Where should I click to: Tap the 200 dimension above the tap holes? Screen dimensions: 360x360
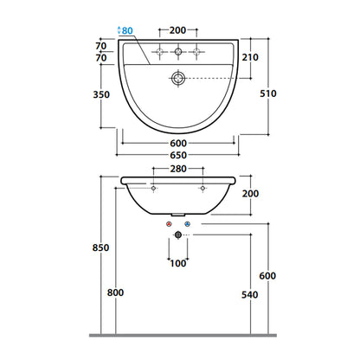[x=177, y=30]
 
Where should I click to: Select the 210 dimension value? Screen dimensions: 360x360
[x=250, y=57]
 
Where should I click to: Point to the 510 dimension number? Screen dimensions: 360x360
[x=268, y=93]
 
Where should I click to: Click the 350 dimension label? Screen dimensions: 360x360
[x=101, y=94]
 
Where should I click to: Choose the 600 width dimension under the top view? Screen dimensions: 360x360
[x=178, y=143]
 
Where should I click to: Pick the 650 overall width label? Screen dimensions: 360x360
[x=178, y=155]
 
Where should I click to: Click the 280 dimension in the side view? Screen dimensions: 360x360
[x=178, y=169]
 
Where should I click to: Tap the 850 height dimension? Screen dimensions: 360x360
[x=100, y=247]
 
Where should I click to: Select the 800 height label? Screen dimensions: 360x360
[x=115, y=292]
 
